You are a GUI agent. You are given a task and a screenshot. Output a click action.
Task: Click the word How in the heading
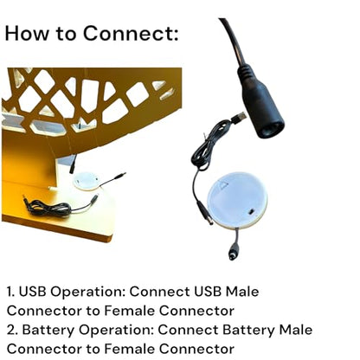click(x=27, y=33)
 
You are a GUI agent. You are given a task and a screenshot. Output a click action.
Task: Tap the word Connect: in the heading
click(x=131, y=33)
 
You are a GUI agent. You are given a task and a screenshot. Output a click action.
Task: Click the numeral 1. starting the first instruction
click(x=11, y=292)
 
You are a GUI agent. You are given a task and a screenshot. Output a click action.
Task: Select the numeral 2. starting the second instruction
click(x=12, y=330)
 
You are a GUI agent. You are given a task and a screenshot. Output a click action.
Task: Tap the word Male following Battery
click(x=296, y=330)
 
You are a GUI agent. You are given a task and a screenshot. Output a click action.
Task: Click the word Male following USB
click(x=242, y=292)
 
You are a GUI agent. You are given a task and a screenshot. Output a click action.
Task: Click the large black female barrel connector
click(x=260, y=104)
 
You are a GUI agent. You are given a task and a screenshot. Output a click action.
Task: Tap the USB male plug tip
click(x=241, y=117)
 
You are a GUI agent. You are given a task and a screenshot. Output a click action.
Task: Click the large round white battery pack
click(x=237, y=201)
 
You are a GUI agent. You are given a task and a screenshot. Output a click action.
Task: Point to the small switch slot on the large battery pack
click(x=251, y=212)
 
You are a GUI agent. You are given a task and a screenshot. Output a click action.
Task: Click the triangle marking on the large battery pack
click(x=222, y=184)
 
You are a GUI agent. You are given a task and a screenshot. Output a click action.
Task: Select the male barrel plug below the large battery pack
click(x=234, y=252)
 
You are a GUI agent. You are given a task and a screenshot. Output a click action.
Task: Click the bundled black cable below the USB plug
click(x=206, y=147)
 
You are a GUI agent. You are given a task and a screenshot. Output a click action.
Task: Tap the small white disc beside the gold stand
click(x=87, y=181)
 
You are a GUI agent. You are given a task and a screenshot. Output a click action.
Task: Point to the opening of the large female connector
click(x=271, y=129)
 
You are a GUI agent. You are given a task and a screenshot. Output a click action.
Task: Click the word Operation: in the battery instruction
click(x=116, y=331)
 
